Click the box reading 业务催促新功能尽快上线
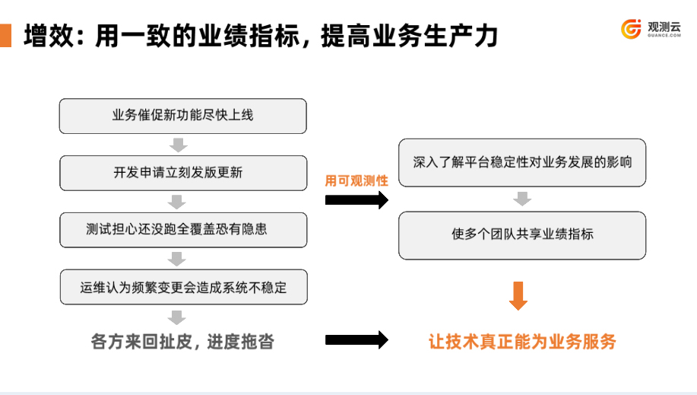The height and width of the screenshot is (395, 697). point(182,116)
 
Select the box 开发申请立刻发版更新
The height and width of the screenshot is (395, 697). point(182,173)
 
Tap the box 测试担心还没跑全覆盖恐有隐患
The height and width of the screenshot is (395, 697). point(182,230)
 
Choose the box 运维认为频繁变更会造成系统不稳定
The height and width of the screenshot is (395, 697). point(182,287)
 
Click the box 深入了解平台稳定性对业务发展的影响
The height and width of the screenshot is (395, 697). point(522,162)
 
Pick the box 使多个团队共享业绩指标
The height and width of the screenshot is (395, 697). point(522,234)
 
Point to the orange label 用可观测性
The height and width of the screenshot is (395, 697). point(356,181)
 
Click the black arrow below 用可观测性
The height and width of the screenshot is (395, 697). point(356,200)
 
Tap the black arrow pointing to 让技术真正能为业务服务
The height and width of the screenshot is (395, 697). point(356,340)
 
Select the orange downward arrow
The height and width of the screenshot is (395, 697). point(518,296)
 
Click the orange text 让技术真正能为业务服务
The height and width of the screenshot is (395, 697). point(522,342)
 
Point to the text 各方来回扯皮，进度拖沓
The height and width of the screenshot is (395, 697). point(182,342)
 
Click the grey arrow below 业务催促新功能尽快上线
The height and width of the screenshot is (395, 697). point(177,145)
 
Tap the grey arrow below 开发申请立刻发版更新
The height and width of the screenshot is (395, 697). point(177,202)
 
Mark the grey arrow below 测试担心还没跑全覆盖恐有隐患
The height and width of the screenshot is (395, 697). point(177,259)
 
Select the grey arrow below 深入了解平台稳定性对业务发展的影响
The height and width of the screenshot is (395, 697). point(521,199)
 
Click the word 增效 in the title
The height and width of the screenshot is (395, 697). point(47,36)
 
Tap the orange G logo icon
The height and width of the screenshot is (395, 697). point(632,29)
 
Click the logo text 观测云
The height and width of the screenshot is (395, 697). point(664,26)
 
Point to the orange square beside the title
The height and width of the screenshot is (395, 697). point(5,35)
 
